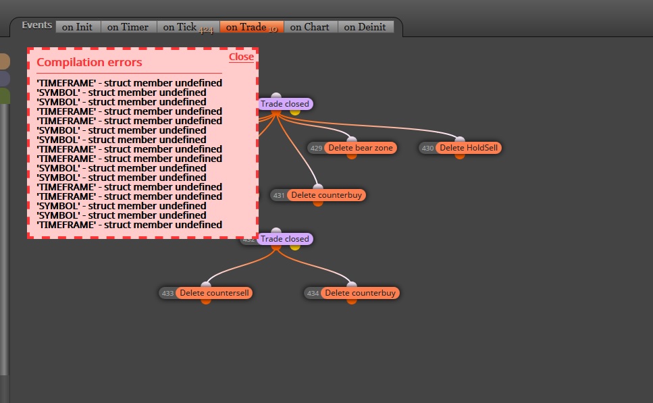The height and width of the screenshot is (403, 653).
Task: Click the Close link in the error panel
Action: (x=241, y=57)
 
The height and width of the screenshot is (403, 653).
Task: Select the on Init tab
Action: (x=78, y=27)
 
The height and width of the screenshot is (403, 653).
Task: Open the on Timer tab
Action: (x=128, y=27)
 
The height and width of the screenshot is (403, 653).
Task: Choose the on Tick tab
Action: (x=188, y=27)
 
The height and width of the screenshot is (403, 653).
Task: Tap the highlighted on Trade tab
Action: (x=252, y=27)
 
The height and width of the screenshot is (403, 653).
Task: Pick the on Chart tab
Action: (x=310, y=27)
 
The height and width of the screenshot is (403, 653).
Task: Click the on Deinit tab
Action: (x=365, y=27)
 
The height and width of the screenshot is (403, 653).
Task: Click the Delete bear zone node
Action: (x=360, y=148)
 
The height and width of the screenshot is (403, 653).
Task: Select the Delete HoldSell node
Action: (x=469, y=148)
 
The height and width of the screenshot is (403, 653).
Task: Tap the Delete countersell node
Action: (x=214, y=293)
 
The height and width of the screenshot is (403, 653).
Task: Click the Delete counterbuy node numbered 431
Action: (x=327, y=195)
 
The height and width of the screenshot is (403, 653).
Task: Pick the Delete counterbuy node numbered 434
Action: (x=360, y=293)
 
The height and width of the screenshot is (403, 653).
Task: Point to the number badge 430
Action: (x=427, y=149)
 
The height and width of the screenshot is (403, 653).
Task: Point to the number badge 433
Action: (x=167, y=294)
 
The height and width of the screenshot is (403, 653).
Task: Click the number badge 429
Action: (x=316, y=149)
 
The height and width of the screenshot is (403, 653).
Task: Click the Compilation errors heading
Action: (x=89, y=63)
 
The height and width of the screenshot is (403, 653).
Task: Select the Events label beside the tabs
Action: (x=36, y=26)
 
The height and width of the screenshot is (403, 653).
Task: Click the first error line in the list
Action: (x=129, y=83)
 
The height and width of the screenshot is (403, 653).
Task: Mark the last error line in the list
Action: (x=129, y=225)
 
